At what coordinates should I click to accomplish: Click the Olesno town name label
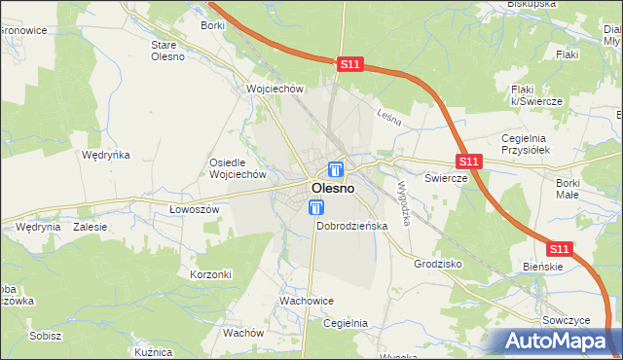pyautogui.click(x=332, y=188)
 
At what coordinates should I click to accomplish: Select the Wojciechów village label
pyautogui.click(x=276, y=89)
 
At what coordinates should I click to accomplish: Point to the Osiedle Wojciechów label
pyautogui.click(x=238, y=168)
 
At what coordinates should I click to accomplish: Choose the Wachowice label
pyautogui.click(x=308, y=302)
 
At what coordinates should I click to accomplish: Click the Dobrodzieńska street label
pyautogui.click(x=352, y=226)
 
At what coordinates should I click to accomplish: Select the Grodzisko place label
pyautogui.click(x=438, y=264)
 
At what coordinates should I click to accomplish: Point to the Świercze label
pyautogui.click(x=447, y=179)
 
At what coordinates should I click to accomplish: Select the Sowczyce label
pyautogui.click(x=565, y=319)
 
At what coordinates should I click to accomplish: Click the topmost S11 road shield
pyautogui.click(x=351, y=64)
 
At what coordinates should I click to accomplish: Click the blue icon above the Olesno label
pyautogui.click(x=336, y=168)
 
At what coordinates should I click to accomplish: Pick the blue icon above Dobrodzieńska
pyautogui.click(x=316, y=207)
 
